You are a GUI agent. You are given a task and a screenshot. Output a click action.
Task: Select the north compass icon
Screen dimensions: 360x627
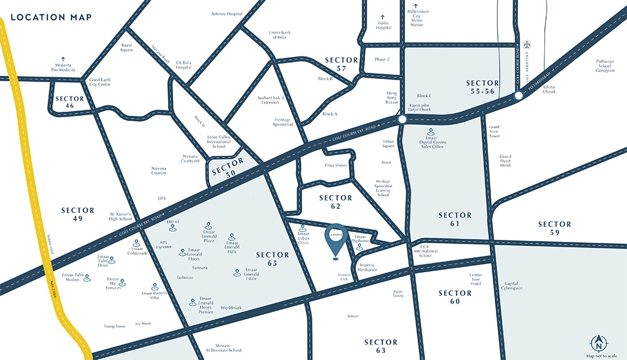point(599,343)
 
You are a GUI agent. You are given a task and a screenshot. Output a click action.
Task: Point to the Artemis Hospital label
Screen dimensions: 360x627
point(227,13)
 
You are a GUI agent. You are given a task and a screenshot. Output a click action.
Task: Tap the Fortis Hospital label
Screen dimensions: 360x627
point(384,24)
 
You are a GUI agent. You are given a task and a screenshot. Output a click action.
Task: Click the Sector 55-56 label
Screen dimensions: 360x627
point(483,87)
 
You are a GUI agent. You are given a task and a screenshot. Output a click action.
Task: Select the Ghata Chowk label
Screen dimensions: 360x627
point(549,88)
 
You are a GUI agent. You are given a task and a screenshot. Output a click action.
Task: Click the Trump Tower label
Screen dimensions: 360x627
point(116,326)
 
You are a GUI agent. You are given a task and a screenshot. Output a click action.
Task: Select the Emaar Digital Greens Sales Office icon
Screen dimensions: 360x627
point(431,132)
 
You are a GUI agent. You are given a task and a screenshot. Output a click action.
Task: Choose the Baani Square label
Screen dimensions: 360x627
point(127,48)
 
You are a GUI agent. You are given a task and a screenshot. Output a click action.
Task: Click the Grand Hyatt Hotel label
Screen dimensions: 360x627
point(506,161)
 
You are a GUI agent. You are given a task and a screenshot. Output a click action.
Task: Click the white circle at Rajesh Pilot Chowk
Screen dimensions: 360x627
point(402,118)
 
